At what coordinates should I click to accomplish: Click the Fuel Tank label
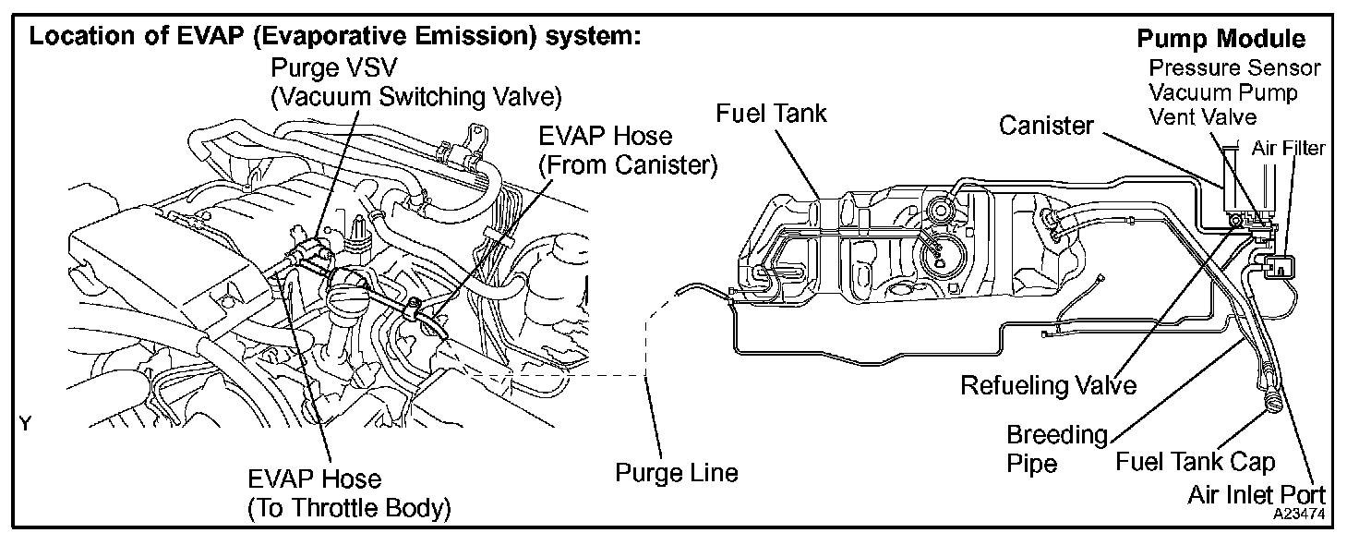pos(772,114)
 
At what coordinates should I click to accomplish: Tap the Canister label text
pos(1045,126)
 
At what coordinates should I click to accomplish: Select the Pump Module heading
pos(1221,40)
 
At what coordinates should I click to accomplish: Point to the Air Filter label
pos(1288,147)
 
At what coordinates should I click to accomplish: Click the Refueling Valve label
pos(1049,384)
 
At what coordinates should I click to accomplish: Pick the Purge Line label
pos(677,473)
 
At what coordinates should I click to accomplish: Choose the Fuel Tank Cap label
pos(1195,461)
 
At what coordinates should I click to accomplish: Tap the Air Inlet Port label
pos(1257,496)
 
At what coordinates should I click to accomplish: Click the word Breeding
pos(1056,434)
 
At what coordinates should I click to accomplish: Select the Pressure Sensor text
pos(1234,68)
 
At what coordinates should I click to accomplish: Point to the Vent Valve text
pos(1202,116)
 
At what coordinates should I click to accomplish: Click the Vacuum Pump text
pos(1222,92)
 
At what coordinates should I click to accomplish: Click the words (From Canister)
pos(629,165)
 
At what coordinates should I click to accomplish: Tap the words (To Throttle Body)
pos(349,508)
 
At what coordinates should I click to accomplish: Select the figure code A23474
pos(1294,510)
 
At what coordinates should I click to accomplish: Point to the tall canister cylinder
pos(1232,180)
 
